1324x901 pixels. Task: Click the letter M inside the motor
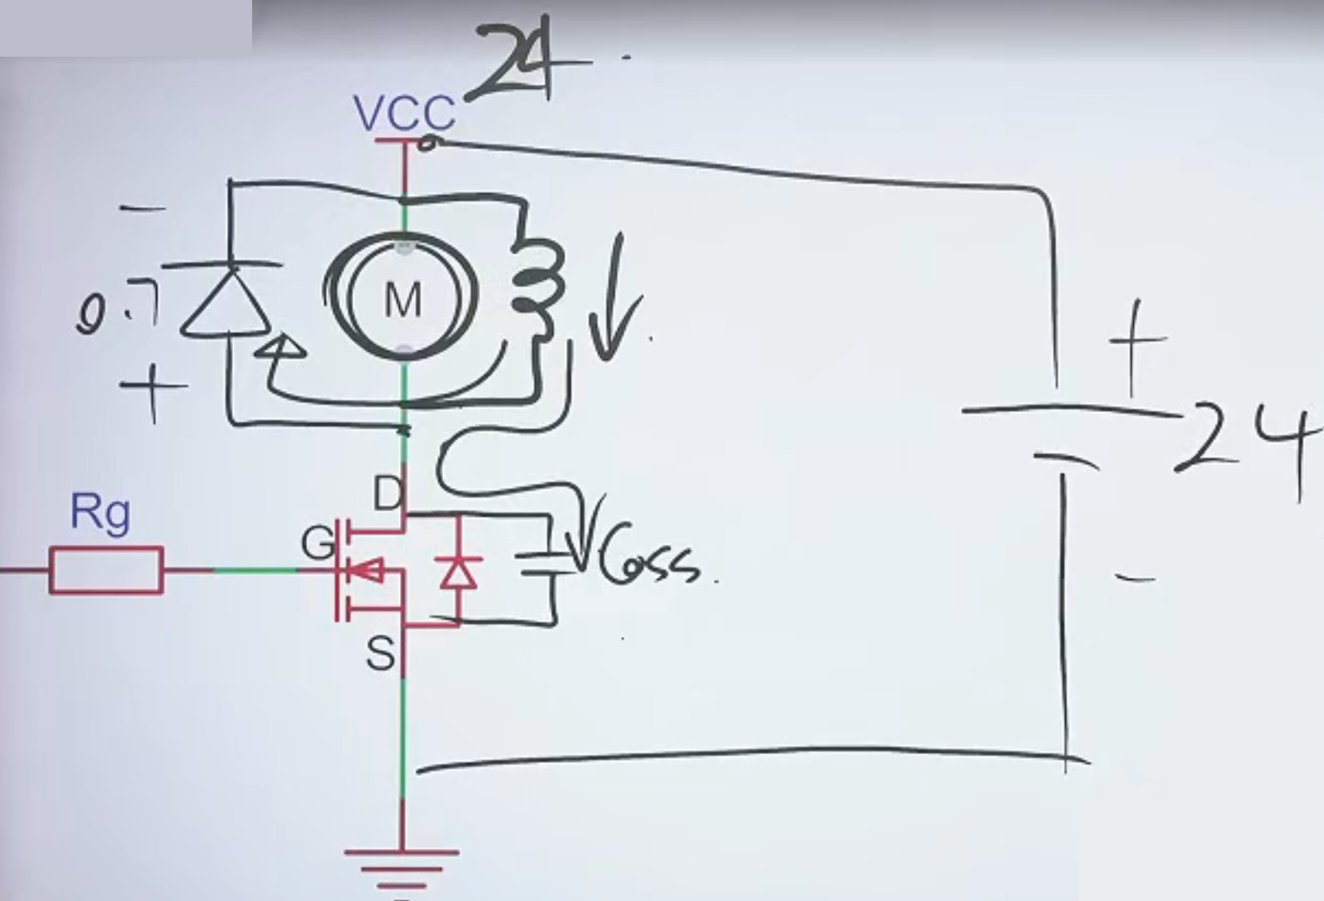tap(403, 300)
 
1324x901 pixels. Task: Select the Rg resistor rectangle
tap(107, 570)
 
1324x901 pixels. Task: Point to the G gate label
tap(317, 542)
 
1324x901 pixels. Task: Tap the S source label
tap(381, 654)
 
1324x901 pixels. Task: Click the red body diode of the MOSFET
tap(458, 572)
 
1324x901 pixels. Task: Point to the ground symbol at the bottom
tap(401, 866)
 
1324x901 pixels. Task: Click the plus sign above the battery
tap(1138, 342)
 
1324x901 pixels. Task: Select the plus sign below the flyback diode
tap(153, 390)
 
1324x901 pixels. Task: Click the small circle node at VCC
tap(429, 143)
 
